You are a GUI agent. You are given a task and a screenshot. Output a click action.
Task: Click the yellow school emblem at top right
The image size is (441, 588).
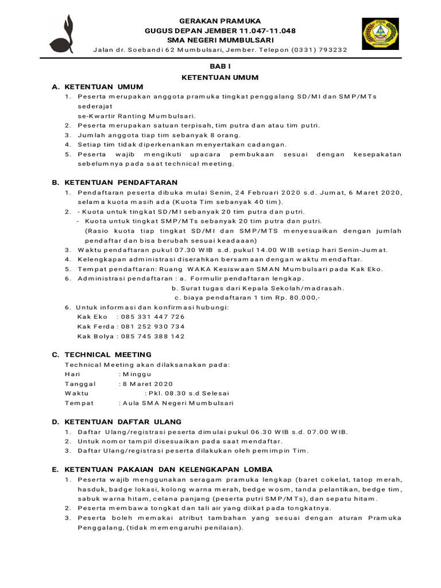(378, 34)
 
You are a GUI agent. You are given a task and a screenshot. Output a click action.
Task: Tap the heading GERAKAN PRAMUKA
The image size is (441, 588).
(220, 20)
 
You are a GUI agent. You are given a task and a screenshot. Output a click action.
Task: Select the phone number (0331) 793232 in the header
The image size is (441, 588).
(319, 50)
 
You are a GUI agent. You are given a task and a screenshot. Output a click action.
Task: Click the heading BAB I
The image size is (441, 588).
(220, 67)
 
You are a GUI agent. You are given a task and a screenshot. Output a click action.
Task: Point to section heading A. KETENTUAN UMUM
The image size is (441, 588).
(98, 87)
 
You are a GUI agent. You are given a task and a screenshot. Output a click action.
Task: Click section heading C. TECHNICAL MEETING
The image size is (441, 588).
(102, 354)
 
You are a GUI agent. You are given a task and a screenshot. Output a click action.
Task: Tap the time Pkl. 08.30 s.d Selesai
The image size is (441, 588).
(188, 393)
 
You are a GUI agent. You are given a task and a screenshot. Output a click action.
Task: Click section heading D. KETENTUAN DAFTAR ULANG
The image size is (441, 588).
(117, 421)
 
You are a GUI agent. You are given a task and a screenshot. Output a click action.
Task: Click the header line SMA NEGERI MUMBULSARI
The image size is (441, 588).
(220, 40)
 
